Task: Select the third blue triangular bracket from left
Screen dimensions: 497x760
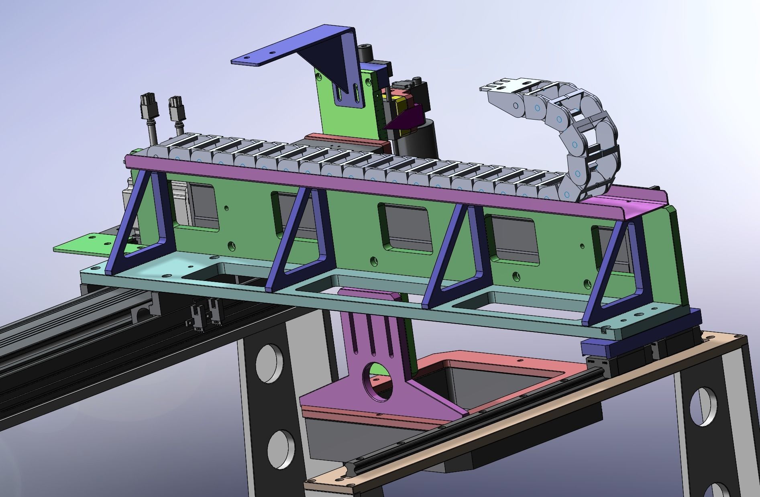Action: point(458,257)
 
